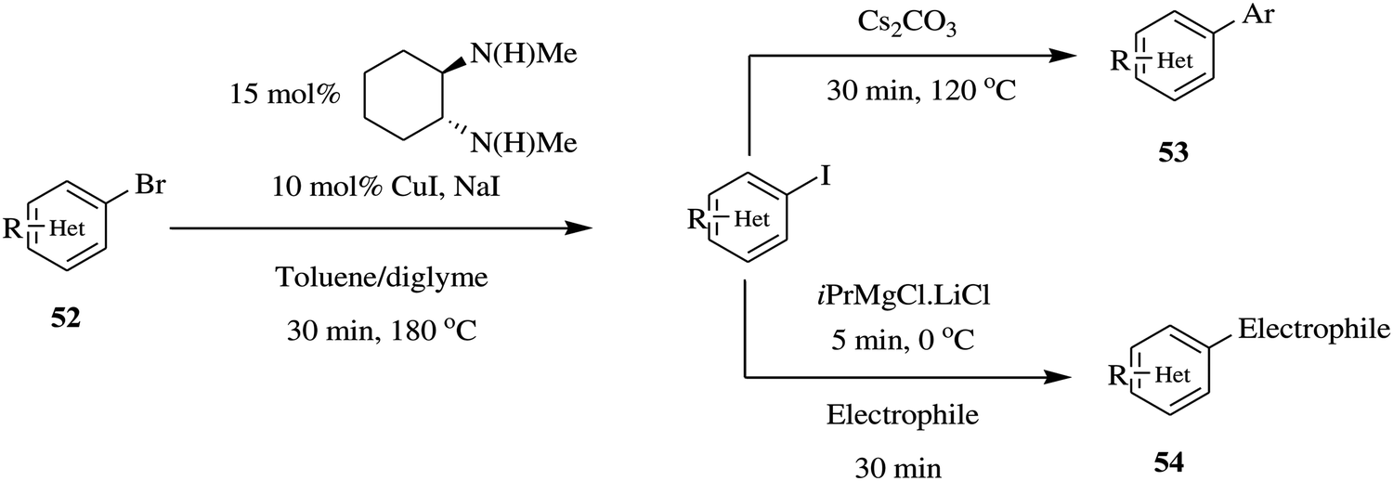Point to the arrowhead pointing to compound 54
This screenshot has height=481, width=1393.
pyautogui.click(x=1059, y=377)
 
